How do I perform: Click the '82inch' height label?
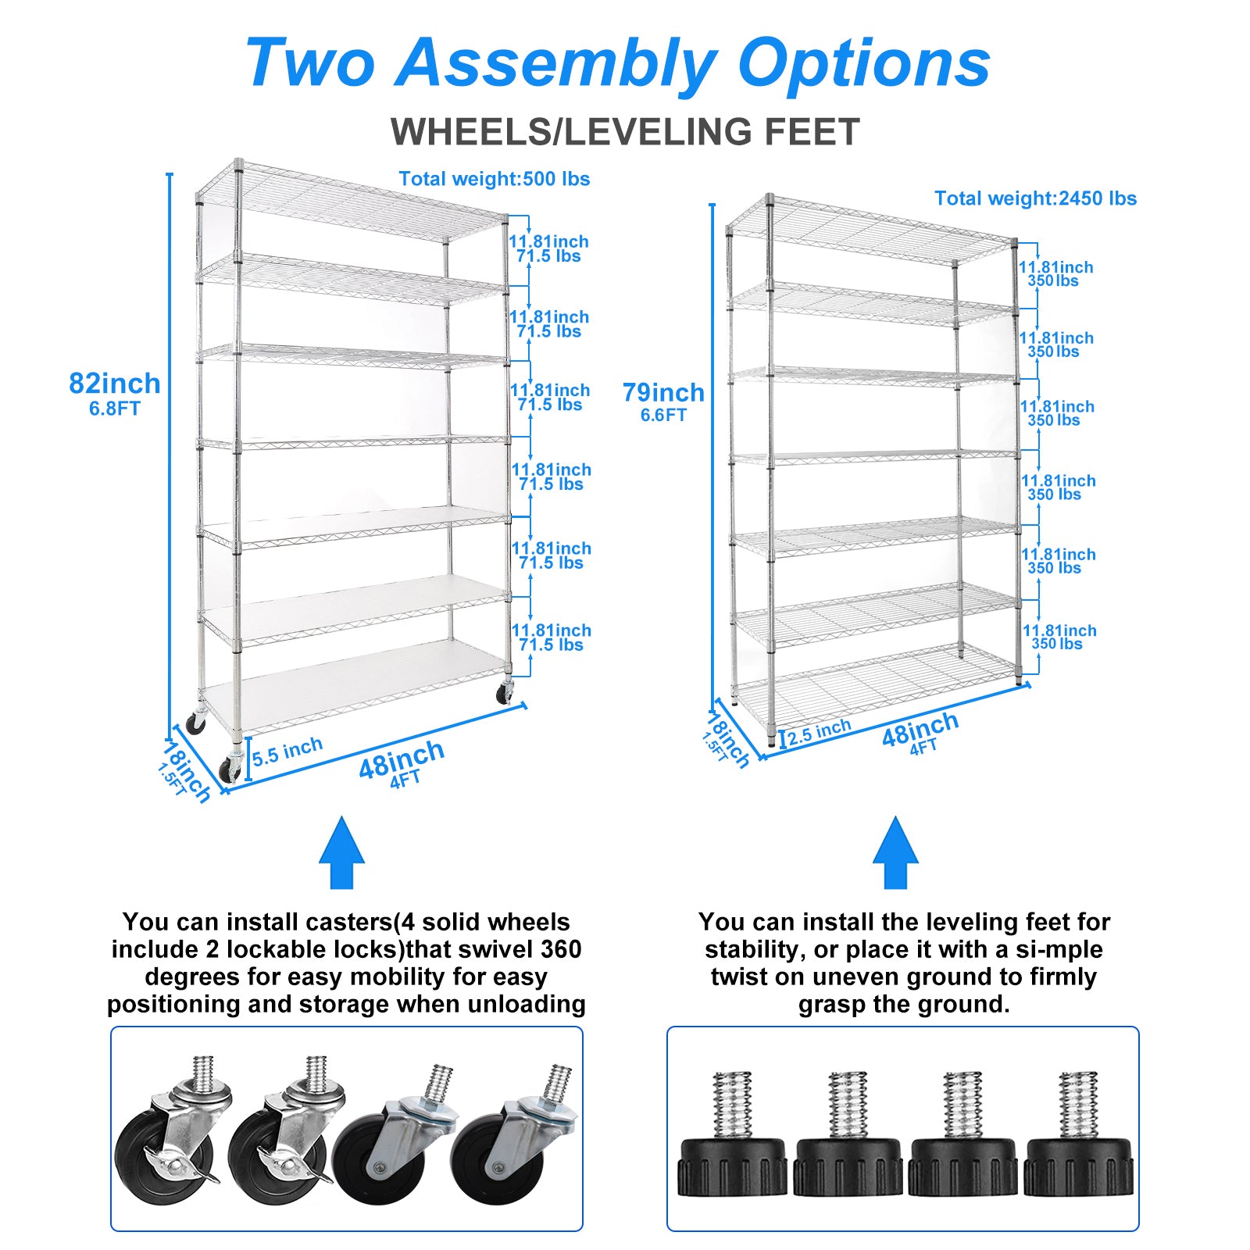(115, 384)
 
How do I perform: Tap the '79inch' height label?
(663, 392)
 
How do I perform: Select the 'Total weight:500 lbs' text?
(494, 179)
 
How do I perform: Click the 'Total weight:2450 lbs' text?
(1035, 198)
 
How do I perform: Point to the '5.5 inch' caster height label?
(287, 752)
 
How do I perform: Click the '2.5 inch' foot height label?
(819, 732)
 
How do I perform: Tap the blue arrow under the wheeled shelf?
(341, 853)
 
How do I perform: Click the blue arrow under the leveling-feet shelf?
(895, 853)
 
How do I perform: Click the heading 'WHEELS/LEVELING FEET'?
(625, 131)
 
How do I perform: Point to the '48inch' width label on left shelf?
(402, 759)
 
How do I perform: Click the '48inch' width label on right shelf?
(920, 729)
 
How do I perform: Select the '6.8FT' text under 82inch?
(114, 409)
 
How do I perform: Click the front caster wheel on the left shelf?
(230, 769)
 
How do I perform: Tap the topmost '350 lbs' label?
(1053, 281)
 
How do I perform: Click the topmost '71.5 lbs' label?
(548, 256)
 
